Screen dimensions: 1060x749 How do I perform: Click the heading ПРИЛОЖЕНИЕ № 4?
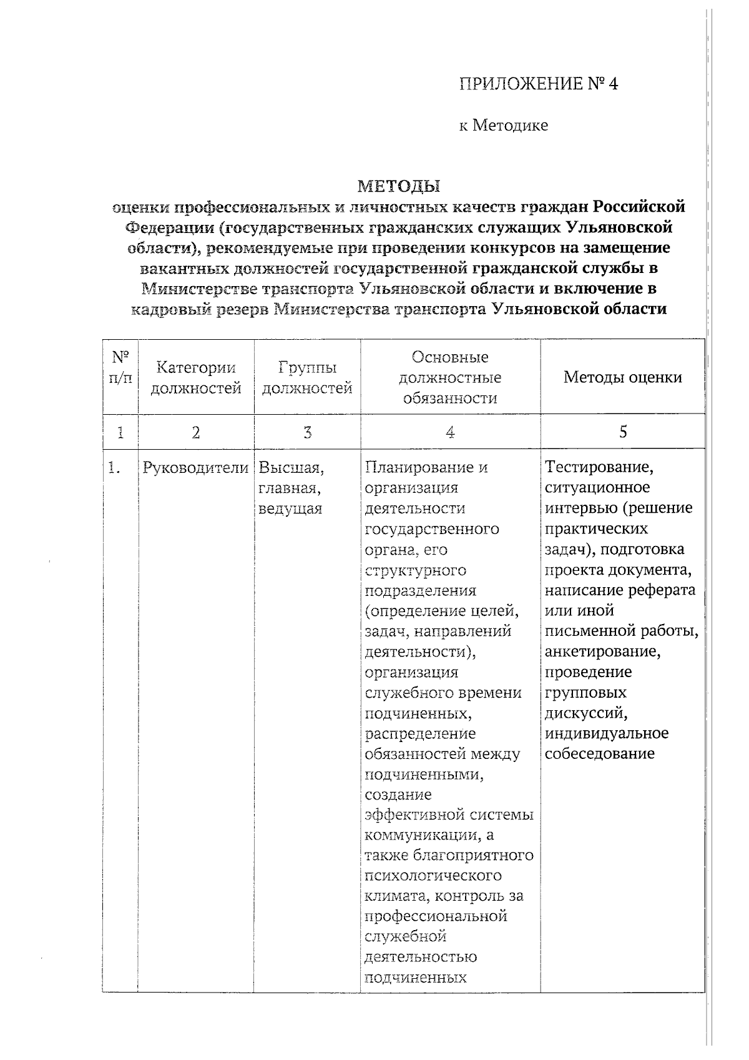tap(538, 84)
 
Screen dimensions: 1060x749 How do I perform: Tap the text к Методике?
tap(504, 126)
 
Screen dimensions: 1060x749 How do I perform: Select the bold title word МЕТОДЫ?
tap(399, 186)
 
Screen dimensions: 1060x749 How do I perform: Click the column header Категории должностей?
tap(195, 378)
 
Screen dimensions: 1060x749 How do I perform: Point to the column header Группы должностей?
tap(306, 378)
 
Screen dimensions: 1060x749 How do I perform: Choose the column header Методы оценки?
tap(622, 377)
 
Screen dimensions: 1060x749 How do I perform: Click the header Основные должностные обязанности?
tap(450, 377)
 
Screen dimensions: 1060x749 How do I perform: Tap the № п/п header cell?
tap(120, 368)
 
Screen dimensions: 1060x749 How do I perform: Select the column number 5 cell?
tap(623, 432)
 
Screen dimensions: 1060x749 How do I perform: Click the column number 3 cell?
tap(307, 432)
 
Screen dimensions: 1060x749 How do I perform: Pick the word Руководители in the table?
tap(195, 467)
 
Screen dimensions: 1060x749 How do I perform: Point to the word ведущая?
tap(290, 508)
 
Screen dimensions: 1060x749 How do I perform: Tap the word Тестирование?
tap(599, 467)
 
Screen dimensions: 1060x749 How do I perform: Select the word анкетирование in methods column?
tap(602, 651)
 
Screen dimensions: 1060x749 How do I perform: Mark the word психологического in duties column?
tap(433, 875)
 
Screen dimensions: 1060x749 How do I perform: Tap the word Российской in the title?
tap(639, 206)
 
